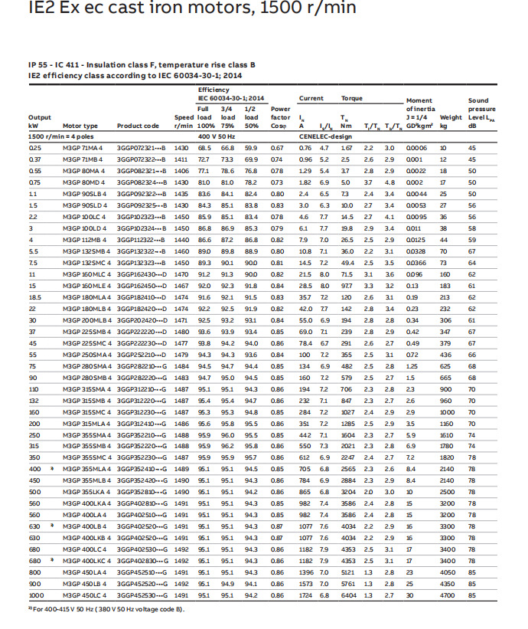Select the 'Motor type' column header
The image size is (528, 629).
click(80, 126)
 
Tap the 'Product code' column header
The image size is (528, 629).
click(139, 126)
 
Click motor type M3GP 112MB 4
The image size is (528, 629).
click(80, 241)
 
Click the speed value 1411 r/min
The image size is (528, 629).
click(181, 158)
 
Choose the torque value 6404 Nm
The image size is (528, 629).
click(348, 595)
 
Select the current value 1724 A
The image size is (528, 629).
click(306, 595)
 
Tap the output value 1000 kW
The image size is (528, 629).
click(36, 595)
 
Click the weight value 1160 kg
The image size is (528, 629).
click(447, 424)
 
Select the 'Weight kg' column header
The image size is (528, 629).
click(451, 121)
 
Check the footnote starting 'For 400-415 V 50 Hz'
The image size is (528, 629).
click(107, 609)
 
